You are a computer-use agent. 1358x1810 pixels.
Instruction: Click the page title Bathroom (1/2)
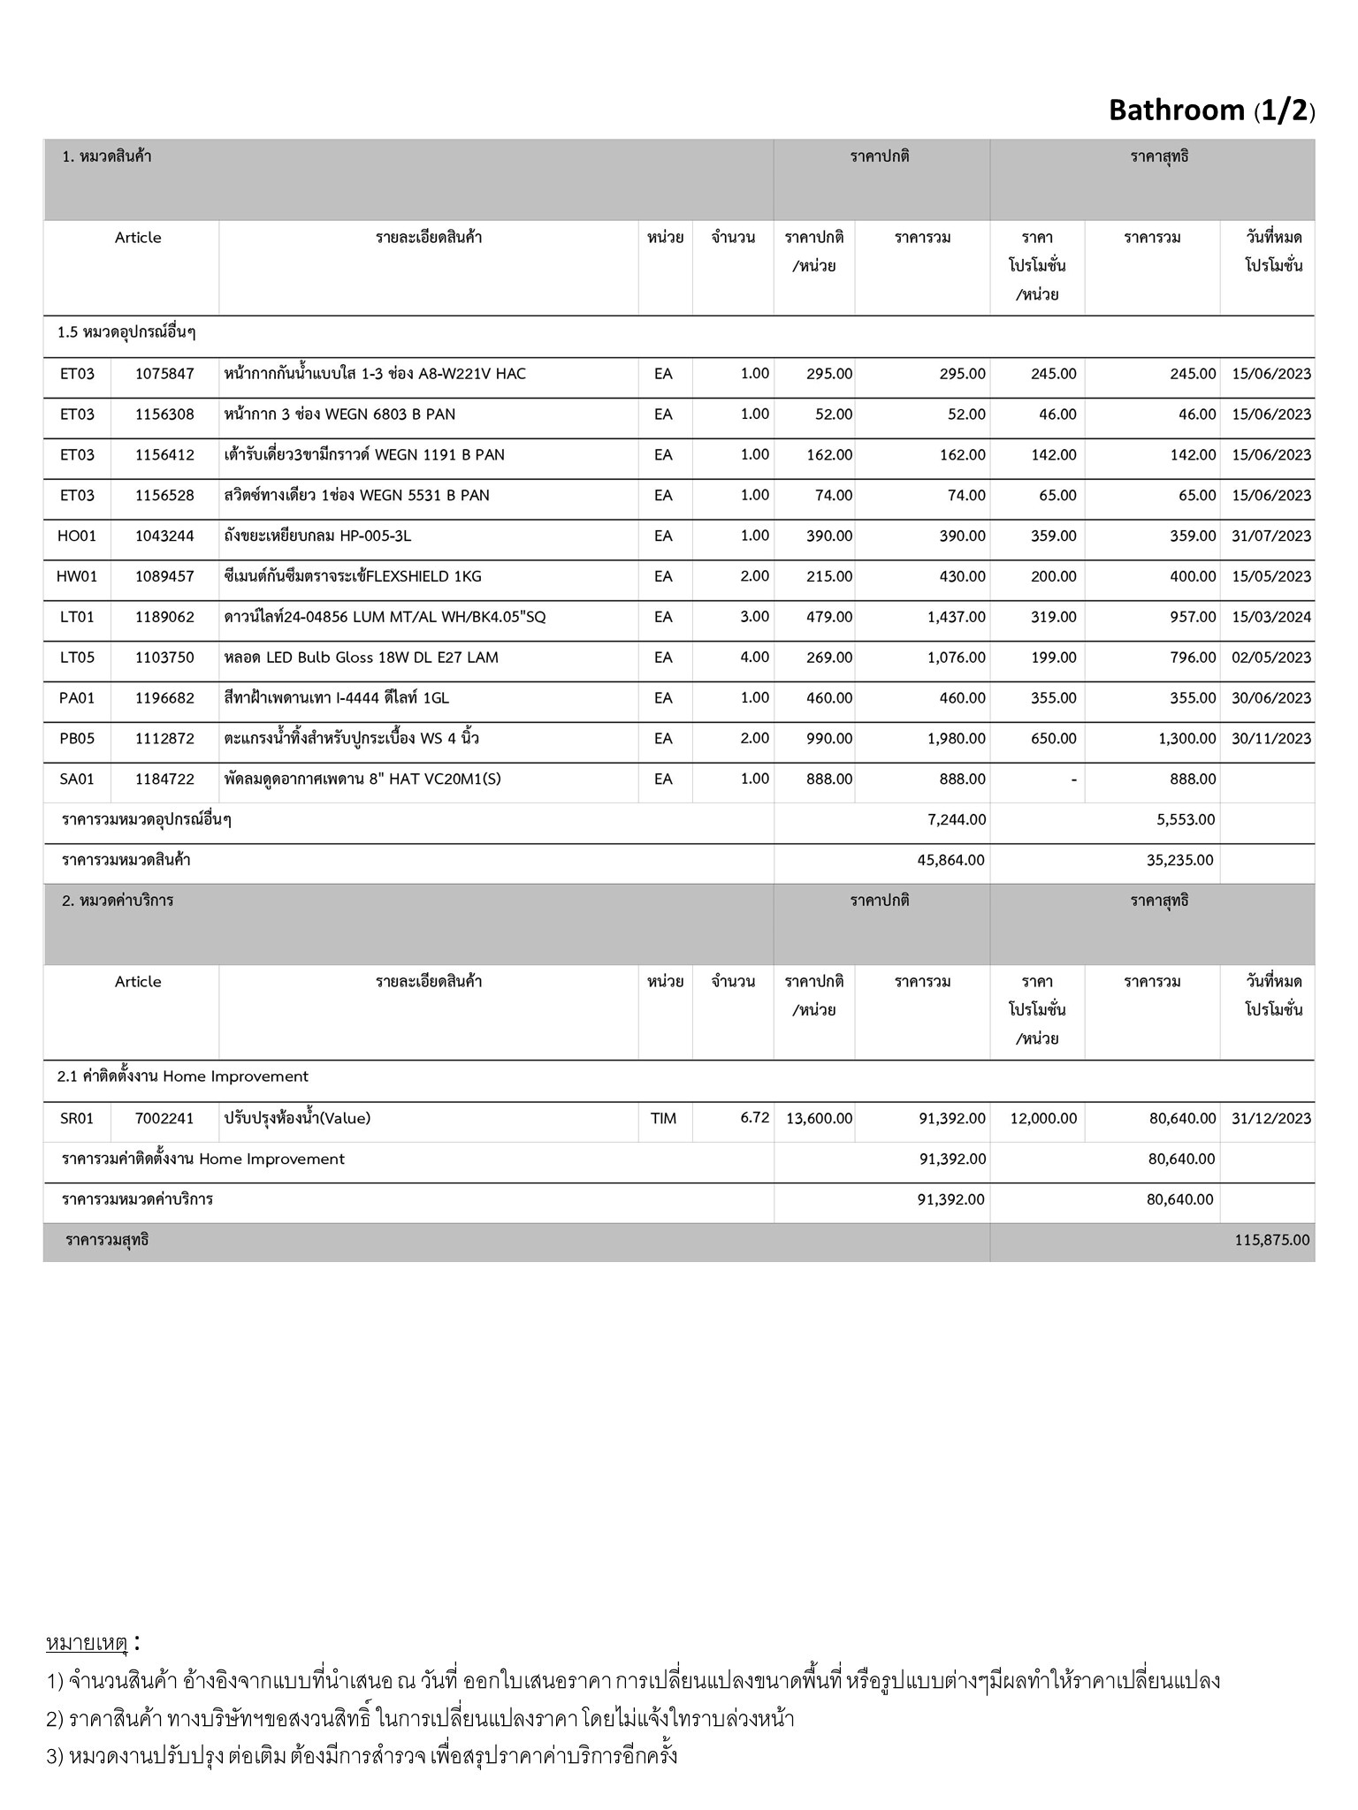point(1211,110)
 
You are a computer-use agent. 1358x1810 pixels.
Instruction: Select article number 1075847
point(164,374)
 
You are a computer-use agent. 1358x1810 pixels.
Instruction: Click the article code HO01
point(77,536)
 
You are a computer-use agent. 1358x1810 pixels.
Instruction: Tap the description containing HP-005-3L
point(317,536)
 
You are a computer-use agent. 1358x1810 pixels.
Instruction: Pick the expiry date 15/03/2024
point(1270,617)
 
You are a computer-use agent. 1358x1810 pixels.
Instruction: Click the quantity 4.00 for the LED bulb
point(754,658)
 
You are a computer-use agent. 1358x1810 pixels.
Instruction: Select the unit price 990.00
point(828,739)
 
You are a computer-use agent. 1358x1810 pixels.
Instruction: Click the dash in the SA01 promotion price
point(1072,780)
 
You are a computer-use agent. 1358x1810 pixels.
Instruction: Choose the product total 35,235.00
point(1180,861)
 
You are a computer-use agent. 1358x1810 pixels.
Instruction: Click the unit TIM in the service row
point(663,1119)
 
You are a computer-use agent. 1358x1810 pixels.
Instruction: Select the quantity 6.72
point(754,1118)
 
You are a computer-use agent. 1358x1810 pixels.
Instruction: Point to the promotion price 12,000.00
point(1043,1119)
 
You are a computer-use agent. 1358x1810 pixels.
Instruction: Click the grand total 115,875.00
point(1271,1241)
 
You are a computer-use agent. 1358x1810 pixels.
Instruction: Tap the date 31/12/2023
point(1270,1119)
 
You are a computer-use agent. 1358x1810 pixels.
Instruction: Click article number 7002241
point(164,1119)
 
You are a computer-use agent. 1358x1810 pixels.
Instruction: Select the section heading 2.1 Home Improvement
point(183,1077)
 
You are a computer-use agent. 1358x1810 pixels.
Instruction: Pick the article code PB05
point(77,739)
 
